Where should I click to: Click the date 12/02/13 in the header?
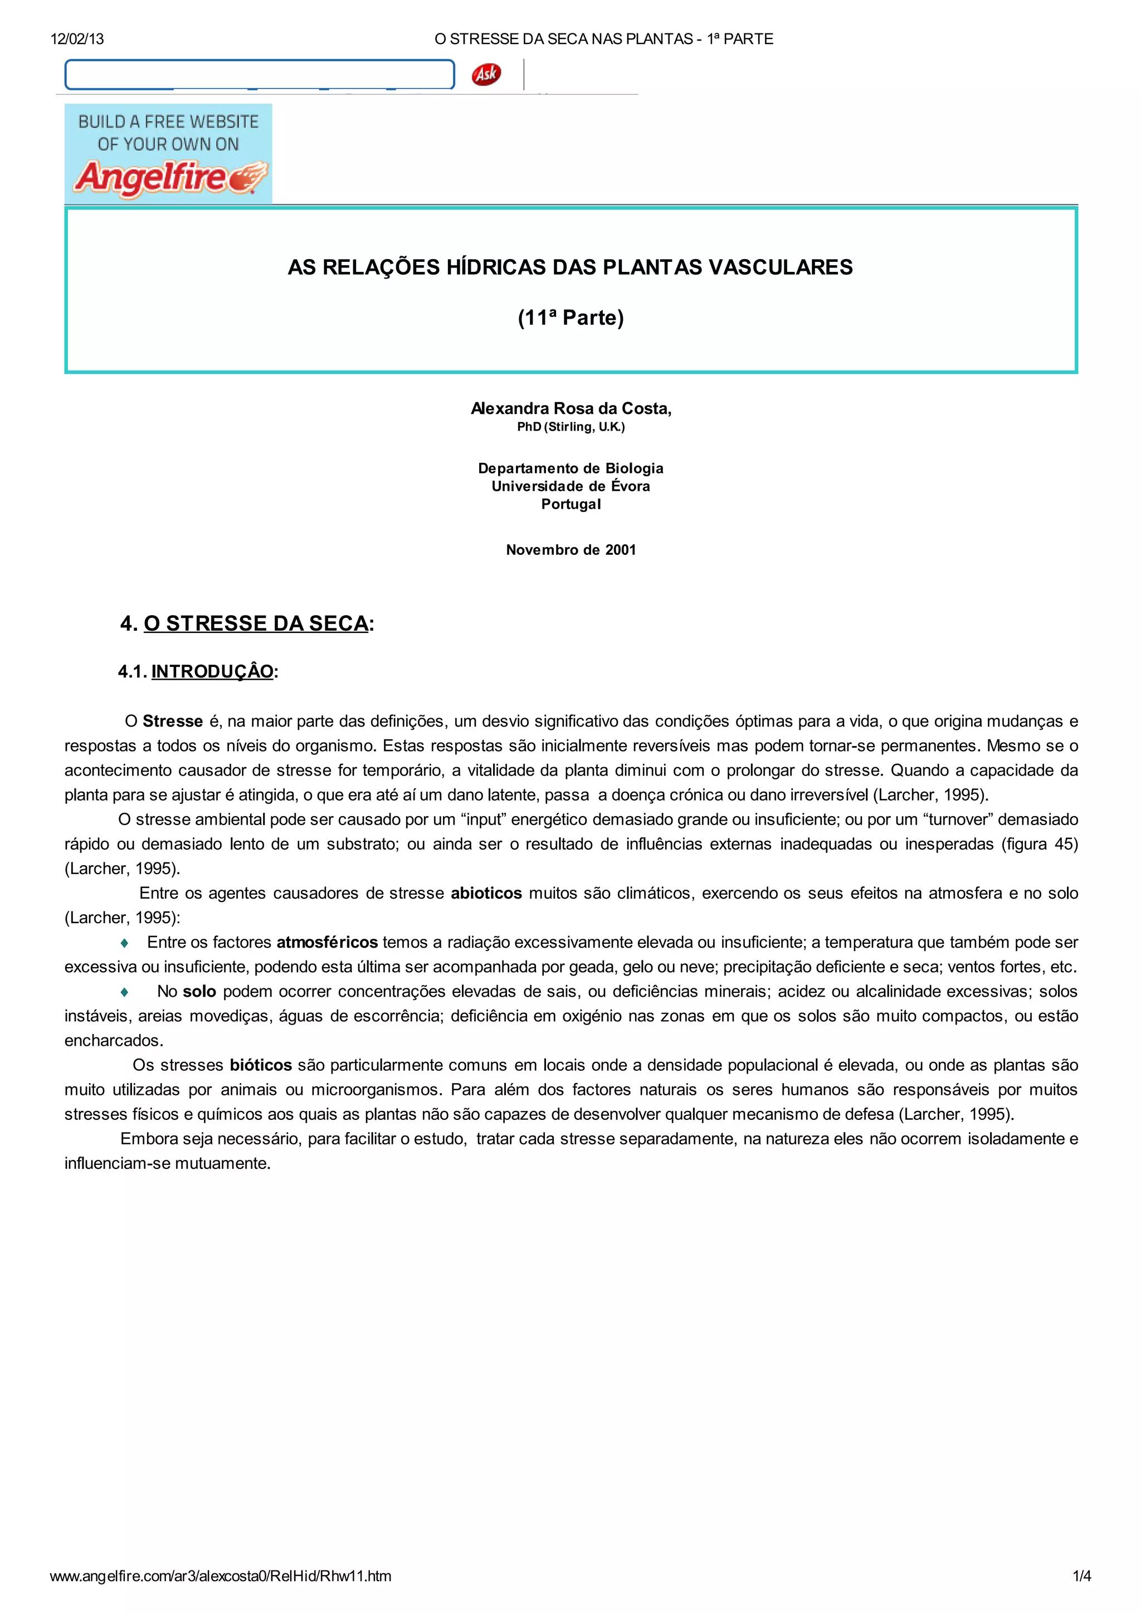point(77,38)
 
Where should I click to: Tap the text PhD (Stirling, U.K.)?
point(571,427)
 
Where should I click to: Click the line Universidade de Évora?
point(571,486)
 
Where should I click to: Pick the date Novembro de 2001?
point(571,550)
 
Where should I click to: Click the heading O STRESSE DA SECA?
point(256,623)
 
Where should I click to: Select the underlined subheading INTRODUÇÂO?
point(212,671)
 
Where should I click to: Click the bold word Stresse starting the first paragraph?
point(172,721)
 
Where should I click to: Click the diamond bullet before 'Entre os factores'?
point(124,943)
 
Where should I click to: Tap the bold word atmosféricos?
point(327,942)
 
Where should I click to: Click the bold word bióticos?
point(260,1065)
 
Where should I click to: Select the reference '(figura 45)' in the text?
point(1039,843)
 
